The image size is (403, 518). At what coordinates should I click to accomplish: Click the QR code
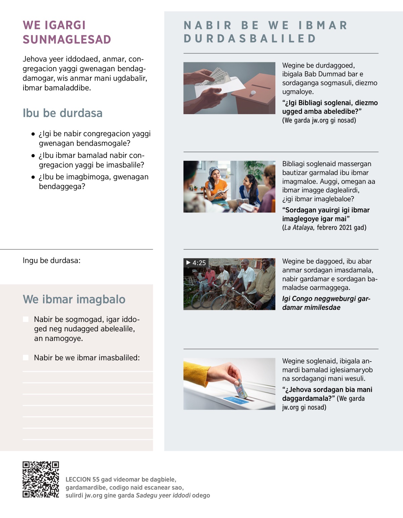coord(41,479)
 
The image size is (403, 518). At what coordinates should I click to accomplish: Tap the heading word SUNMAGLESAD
coord(67,40)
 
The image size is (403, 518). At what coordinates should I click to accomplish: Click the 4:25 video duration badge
coord(196,263)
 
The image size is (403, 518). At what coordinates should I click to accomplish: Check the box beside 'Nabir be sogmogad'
coord(26,319)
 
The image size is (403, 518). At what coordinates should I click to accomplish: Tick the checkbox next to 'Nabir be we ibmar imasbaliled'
coord(26,358)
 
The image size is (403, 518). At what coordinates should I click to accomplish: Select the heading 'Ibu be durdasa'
coord(62,113)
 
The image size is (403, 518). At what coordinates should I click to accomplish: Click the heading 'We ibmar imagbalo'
coord(74,299)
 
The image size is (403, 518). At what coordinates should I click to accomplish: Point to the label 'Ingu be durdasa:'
coord(51,261)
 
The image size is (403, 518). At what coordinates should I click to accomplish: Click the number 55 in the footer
coord(96,479)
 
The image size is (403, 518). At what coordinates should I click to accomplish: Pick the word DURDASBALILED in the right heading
coord(250,39)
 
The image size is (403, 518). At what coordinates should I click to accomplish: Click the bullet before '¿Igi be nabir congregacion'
coord(33,134)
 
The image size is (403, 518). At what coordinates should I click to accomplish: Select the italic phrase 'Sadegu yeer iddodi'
coord(163,496)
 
